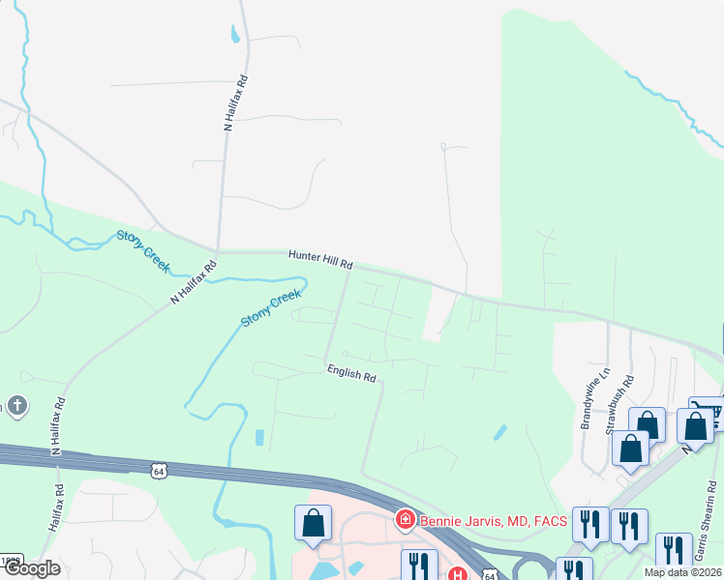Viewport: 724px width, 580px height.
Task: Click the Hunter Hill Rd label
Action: [x=320, y=258]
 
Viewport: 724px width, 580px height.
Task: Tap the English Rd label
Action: [x=350, y=372]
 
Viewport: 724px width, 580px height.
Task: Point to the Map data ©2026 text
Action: [x=683, y=572]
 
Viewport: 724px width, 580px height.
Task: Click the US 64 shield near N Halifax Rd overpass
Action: [x=159, y=470]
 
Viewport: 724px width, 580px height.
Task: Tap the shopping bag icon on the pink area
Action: [x=314, y=523]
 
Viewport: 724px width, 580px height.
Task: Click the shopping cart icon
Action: [x=712, y=412]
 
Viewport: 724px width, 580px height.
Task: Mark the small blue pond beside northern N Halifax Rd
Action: [x=235, y=36]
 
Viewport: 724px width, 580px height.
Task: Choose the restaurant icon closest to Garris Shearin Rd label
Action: [x=673, y=549]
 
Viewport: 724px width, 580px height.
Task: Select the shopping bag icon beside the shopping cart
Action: [x=694, y=423]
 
